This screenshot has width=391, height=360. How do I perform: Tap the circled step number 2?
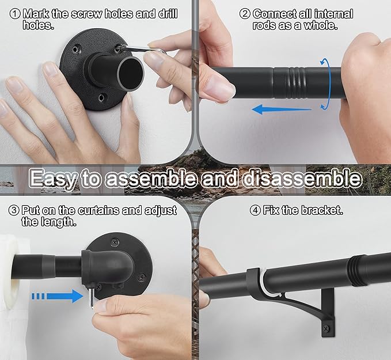coord(245,13)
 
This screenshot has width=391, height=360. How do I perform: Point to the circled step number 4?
coord(255,210)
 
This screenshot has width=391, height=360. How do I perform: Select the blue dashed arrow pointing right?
coord(58,296)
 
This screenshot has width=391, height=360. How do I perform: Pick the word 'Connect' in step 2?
coord(274,13)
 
